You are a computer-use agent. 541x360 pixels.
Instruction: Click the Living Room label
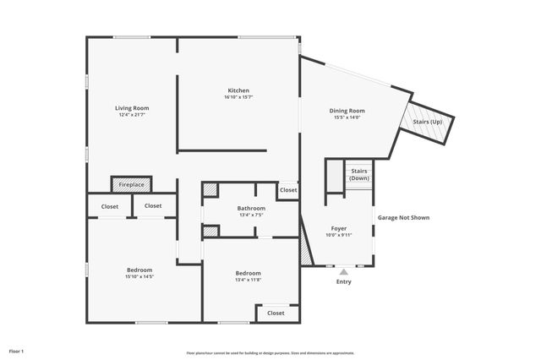(132, 108)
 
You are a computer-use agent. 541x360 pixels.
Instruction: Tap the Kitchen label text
(238, 90)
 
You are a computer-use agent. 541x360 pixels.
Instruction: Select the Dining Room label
(347, 111)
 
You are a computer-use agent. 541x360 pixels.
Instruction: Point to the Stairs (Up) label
(427, 123)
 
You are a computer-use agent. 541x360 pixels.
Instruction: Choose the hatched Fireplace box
(131, 183)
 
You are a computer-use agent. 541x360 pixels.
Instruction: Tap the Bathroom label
(251, 208)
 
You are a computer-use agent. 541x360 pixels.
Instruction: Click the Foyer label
(338, 228)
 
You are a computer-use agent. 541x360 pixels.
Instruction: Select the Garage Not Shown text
(403, 217)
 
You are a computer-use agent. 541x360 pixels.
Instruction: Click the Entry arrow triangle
(343, 272)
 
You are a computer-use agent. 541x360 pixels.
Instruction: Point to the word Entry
(343, 281)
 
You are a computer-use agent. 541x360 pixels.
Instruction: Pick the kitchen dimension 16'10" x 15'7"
(238, 97)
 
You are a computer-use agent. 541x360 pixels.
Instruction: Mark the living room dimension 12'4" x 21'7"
(132, 115)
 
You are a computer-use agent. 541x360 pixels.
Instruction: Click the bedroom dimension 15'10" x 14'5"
(139, 276)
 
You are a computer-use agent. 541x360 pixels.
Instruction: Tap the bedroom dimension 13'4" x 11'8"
(248, 280)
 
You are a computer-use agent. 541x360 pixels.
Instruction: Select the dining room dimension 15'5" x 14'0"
(347, 117)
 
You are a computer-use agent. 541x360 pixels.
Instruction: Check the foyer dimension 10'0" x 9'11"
(338, 235)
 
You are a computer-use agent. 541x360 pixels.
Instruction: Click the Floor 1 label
(16, 350)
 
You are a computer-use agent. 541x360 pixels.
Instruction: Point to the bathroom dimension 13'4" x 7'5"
(251, 215)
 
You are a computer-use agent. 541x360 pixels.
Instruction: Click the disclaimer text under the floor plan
(270, 353)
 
